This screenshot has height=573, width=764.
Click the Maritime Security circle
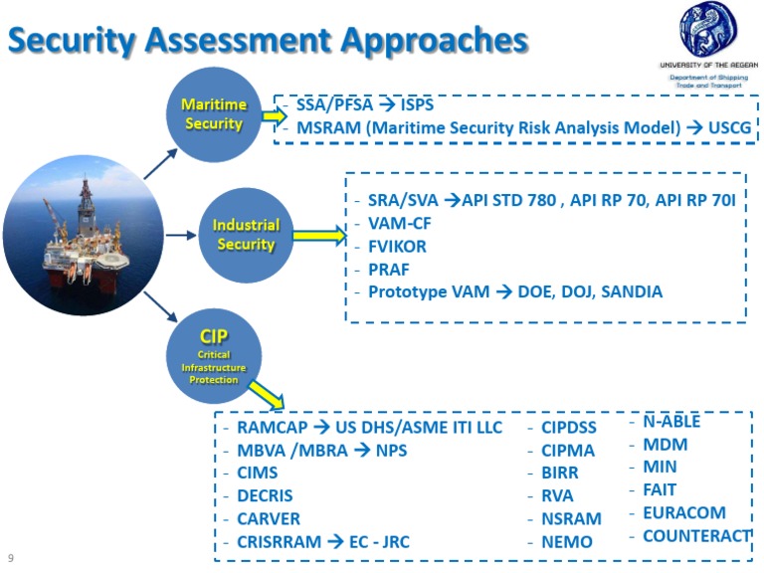(213, 114)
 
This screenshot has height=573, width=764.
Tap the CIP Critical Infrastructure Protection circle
(214, 355)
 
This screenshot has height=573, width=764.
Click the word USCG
(729, 127)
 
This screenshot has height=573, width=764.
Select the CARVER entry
(268, 518)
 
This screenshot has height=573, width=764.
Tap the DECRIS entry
(265, 495)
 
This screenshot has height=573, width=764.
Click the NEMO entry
(566, 541)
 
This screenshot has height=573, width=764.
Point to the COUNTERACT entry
(695, 535)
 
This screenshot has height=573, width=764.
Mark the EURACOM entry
(683, 512)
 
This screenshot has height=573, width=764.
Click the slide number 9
(11, 558)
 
